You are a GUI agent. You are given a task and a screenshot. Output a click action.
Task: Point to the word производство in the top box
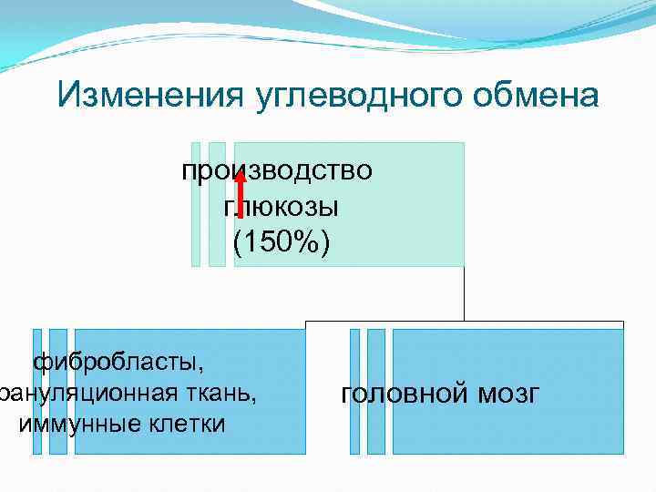click(277, 171)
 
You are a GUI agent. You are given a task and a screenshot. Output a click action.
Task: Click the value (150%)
click(282, 242)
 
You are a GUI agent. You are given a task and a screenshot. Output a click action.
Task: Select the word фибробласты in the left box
click(118, 363)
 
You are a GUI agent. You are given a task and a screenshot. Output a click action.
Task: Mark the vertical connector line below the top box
click(464, 293)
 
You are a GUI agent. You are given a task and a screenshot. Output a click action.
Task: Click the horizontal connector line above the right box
click(547, 322)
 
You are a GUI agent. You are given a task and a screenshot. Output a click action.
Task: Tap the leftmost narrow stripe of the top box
click(196, 204)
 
